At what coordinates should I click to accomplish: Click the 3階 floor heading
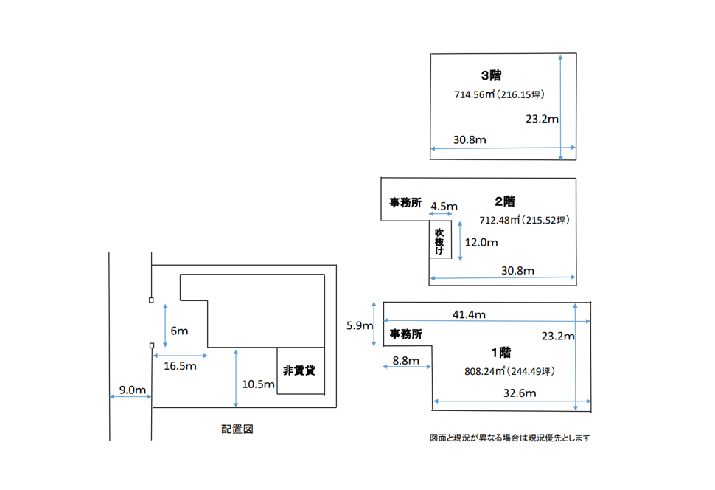pos(491,75)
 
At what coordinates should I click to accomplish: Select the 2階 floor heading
pos(504,201)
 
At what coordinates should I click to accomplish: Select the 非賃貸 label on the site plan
pos(299,370)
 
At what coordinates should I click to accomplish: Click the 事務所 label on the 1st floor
pos(406,334)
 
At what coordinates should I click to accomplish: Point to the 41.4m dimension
pos(469,314)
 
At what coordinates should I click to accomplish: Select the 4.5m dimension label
pos(444,205)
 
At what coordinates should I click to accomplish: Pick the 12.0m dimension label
pos(481,242)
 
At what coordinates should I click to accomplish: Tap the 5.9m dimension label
pos(360,325)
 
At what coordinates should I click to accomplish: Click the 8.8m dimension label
pos(405,361)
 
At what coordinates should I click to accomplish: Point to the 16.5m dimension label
pos(180,366)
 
